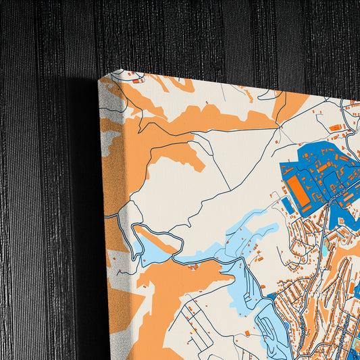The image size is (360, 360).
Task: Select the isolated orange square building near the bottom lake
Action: [x=247, y=333]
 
